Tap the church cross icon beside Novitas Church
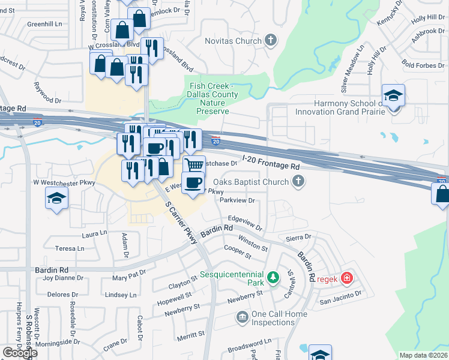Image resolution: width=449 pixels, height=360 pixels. pyautogui.click(x=271, y=41)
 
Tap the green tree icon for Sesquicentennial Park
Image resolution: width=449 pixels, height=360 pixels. pyautogui.click(x=273, y=277)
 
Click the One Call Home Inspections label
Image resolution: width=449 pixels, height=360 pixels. pyautogui.click(x=273, y=318)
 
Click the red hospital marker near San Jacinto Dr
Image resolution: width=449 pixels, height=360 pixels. pyautogui.click(x=346, y=278)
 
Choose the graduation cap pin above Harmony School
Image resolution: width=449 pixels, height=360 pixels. pyautogui.click(x=394, y=95)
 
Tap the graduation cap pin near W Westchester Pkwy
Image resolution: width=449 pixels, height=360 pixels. pyautogui.click(x=57, y=198)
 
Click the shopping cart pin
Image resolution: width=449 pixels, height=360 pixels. pyautogui.click(x=194, y=166)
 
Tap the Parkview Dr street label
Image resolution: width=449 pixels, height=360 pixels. pyautogui.click(x=238, y=200)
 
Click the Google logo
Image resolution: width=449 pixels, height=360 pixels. pyautogui.click(x=19, y=352)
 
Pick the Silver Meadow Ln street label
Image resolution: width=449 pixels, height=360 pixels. pyautogui.click(x=352, y=68)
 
